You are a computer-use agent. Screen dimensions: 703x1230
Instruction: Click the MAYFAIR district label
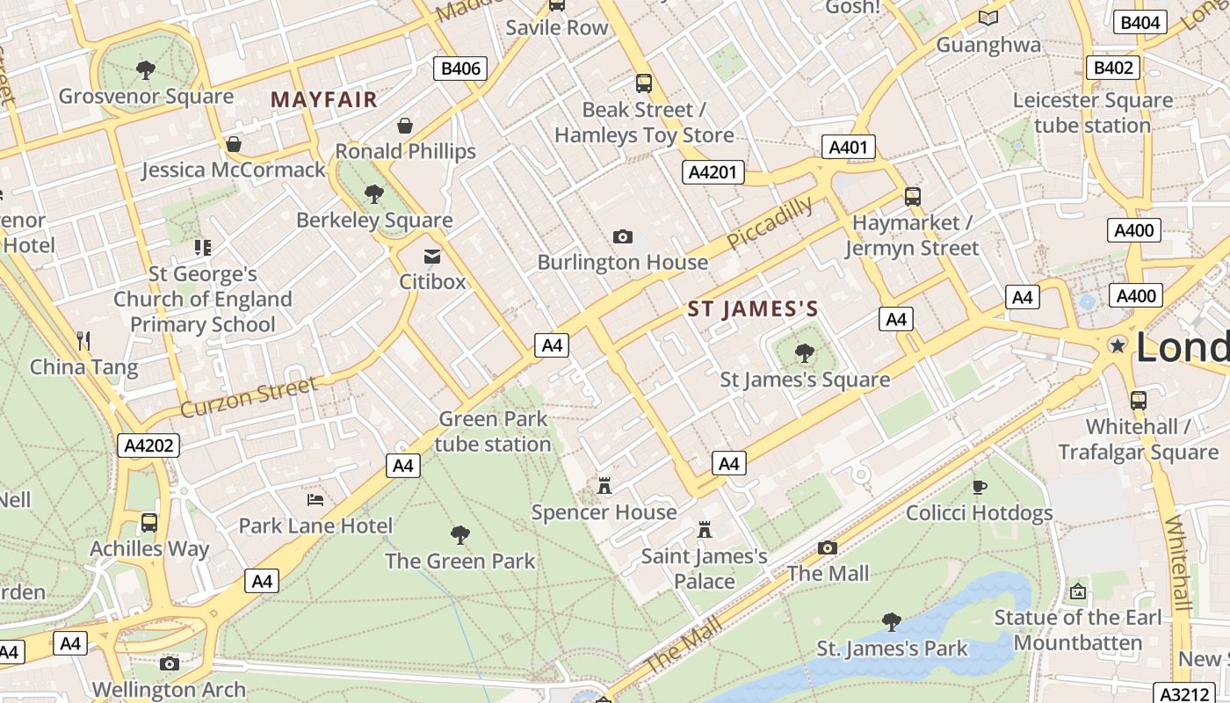pos(324,100)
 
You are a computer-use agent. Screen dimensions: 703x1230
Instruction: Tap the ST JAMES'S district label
pos(753,309)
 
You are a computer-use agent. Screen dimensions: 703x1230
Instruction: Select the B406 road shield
pos(460,69)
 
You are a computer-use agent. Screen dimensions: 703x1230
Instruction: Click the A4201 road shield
pos(713,173)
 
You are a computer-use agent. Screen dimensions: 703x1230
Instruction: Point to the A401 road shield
pos(848,147)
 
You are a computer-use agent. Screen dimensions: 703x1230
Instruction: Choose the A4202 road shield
pos(148,446)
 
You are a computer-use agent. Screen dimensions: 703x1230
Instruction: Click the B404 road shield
pos(1140,23)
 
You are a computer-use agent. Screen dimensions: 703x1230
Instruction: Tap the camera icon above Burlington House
pos(623,236)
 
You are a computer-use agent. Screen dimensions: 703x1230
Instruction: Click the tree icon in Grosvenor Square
pos(146,69)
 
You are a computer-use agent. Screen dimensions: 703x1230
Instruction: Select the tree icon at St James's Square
pos(804,353)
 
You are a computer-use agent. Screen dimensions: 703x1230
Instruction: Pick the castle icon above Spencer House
pos(604,486)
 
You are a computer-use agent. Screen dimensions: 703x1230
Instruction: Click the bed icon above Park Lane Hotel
pos(315,500)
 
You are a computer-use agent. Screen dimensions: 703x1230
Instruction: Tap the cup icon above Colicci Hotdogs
pos(980,487)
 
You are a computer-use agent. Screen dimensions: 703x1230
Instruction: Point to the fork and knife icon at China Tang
pos(84,341)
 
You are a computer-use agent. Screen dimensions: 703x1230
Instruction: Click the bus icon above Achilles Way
pos(149,523)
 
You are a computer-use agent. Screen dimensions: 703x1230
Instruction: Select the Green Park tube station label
pos(493,431)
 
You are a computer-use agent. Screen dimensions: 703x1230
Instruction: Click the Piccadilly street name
pos(770,223)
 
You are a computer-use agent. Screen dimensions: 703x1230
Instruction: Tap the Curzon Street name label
pos(249,397)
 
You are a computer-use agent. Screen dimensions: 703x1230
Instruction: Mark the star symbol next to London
pos(1118,346)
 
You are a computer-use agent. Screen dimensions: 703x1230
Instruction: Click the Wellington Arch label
pos(169,690)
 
